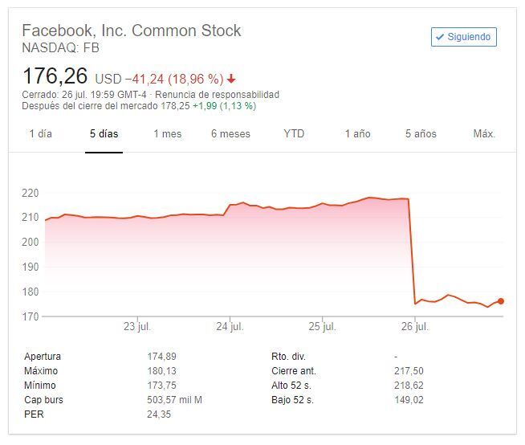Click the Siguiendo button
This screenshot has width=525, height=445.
[x=464, y=37]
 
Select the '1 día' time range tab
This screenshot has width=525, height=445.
[x=40, y=134]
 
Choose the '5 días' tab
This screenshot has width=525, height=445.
[x=104, y=134]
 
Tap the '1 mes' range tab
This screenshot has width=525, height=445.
[x=168, y=134]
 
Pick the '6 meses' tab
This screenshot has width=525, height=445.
[x=230, y=134]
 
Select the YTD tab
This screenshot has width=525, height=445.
[x=294, y=134]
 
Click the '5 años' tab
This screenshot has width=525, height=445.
[x=420, y=134]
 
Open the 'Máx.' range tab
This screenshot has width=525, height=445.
[x=484, y=134]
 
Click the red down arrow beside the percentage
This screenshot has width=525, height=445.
[x=232, y=80]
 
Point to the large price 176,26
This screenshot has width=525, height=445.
[x=55, y=78]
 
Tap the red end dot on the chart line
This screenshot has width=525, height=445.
[x=501, y=301]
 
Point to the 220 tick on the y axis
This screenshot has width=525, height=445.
[x=31, y=193]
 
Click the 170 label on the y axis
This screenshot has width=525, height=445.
[x=31, y=316]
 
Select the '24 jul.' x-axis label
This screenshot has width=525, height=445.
[x=230, y=327]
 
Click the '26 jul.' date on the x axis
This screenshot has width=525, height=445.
[x=414, y=327]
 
